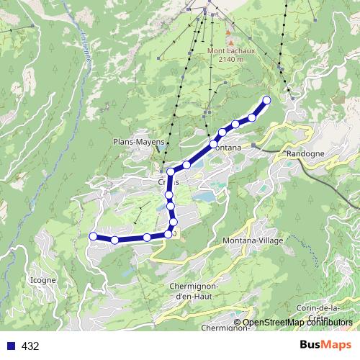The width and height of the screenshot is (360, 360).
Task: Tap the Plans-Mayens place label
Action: click(136, 142)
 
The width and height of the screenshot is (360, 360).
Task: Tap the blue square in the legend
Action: click(10, 346)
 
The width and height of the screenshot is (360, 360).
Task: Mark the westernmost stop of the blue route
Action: click(93, 236)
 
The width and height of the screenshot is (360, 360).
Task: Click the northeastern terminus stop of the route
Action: click(267, 100)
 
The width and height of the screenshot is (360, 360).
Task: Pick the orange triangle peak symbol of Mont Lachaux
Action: click(229, 32)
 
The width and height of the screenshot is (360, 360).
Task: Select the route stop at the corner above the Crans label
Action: click(171, 172)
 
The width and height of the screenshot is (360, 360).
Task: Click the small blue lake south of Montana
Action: click(206, 196)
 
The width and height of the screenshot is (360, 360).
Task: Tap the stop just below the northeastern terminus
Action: click(252, 117)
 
